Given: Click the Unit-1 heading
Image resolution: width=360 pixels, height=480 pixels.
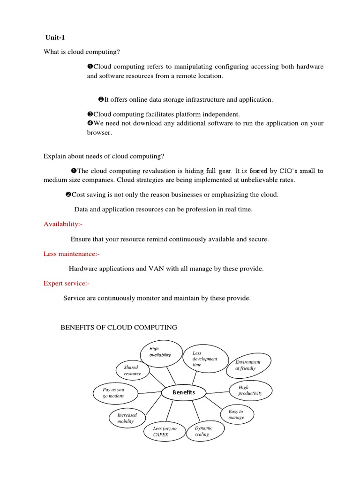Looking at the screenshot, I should tap(54, 38).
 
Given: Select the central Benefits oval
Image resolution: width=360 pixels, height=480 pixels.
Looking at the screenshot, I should tap(184, 392).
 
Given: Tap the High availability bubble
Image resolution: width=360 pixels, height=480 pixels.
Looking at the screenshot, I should tap(160, 352).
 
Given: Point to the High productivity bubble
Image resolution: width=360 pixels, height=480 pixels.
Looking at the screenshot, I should tap(250, 390).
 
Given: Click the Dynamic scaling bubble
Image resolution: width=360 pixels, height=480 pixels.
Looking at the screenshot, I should tap(205, 431).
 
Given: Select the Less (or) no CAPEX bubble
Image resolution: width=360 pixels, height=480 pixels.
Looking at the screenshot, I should tap(164, 432).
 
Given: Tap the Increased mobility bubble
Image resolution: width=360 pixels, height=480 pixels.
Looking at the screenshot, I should tap(128, 418).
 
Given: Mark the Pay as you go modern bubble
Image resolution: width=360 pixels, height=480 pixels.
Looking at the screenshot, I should tap(114, 393).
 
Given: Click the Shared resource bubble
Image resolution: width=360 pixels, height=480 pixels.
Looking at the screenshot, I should tap(133, 370).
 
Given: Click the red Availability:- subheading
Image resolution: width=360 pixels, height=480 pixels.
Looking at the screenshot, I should tap(63, 224).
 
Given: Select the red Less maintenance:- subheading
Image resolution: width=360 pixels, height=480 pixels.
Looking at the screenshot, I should tap(71, 254).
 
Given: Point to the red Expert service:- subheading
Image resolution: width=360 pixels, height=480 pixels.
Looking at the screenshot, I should tap(66, 283).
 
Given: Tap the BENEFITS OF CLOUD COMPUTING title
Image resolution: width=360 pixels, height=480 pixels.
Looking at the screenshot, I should tap(119, 327).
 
